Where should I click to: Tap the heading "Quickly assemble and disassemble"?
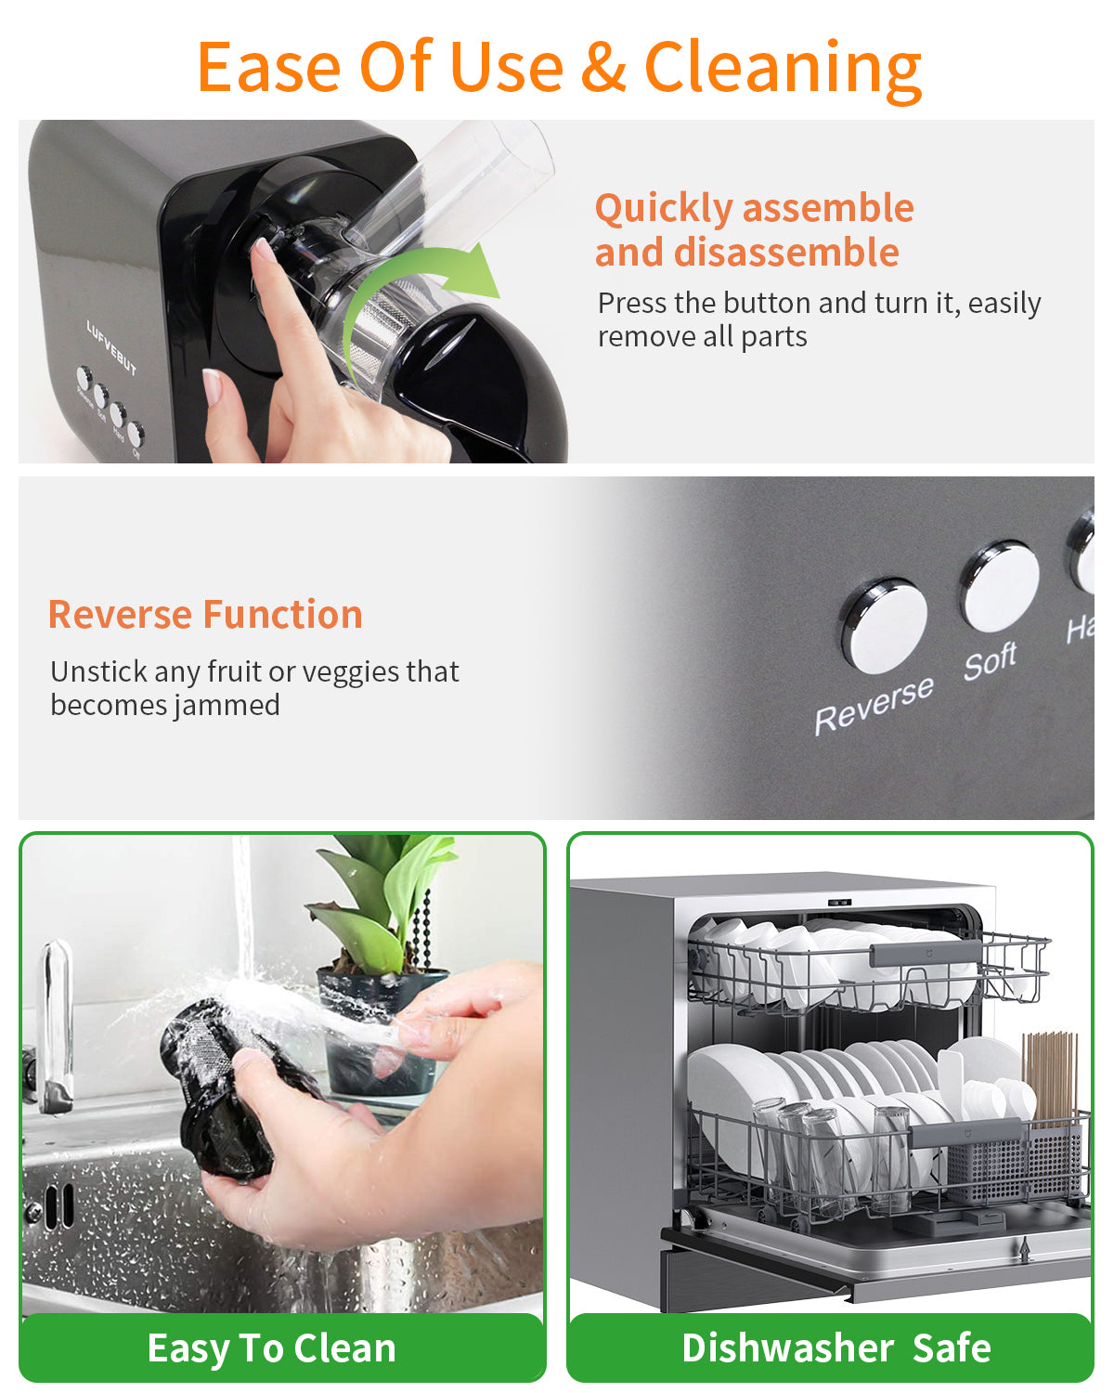coord(753,229)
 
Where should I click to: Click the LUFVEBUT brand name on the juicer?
coord(111,347)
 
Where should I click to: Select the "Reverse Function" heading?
coord(205,615)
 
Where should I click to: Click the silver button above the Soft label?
coord(1000,587)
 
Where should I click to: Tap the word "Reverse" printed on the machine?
coord(874,705)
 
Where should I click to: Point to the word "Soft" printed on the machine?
coord(990,661)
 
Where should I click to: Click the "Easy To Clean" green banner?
coord(272,1347)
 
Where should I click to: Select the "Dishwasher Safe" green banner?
coord(835,1347)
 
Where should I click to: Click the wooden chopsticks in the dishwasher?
coord(1050,1077)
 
